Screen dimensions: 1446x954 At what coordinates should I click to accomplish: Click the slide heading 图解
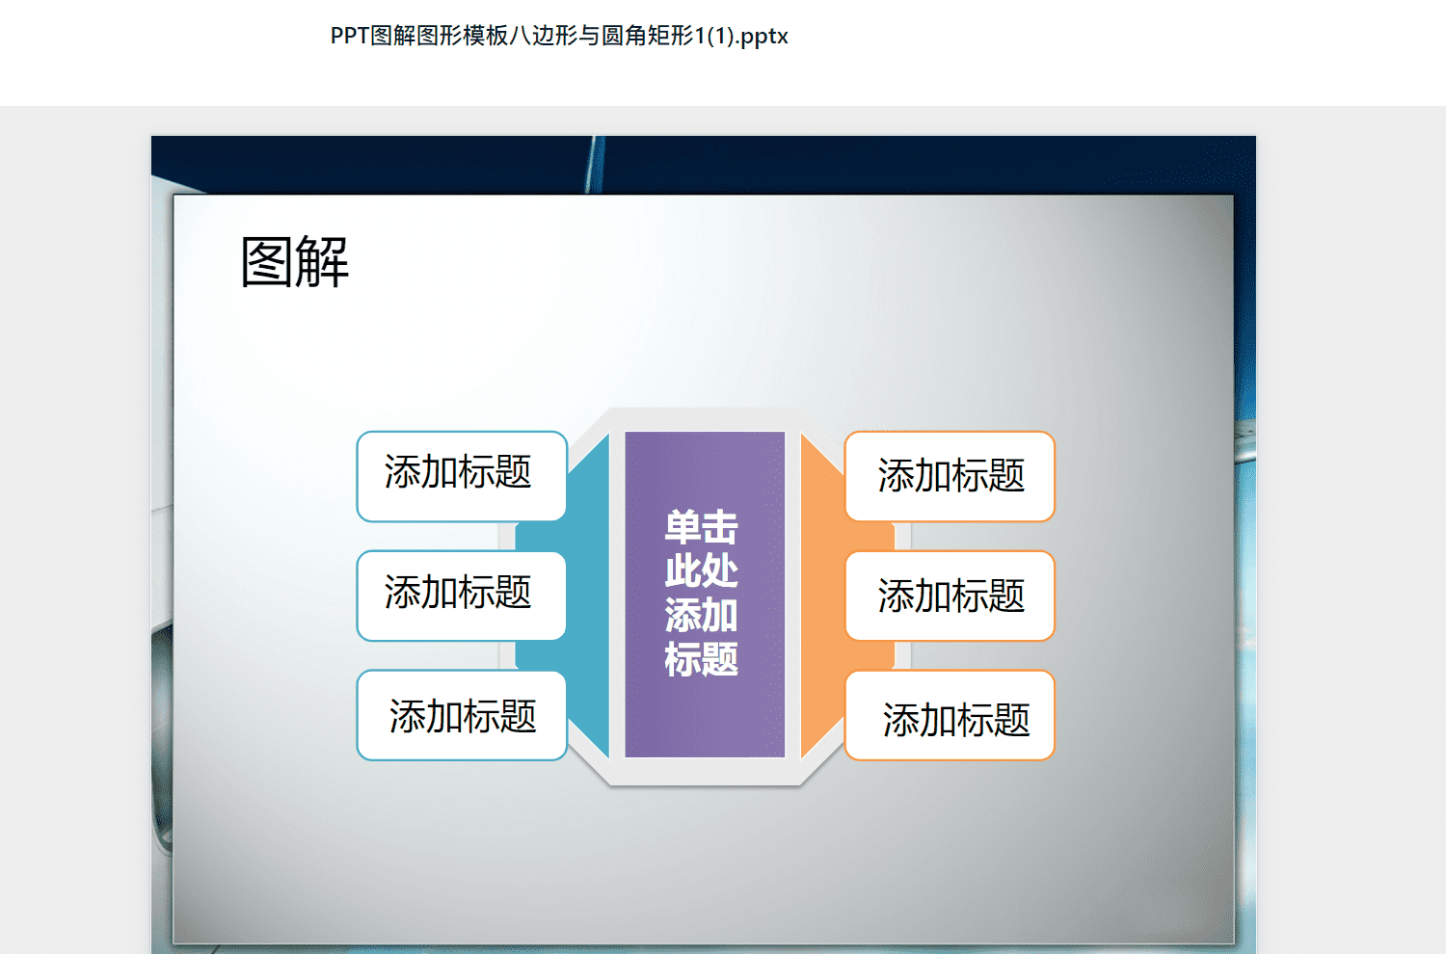[295, 261]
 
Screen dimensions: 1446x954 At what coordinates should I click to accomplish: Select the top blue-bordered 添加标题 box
[462, 476]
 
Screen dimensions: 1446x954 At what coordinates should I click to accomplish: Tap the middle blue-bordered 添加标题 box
[462, 596]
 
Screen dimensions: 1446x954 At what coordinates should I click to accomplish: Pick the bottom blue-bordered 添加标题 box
[462, 715]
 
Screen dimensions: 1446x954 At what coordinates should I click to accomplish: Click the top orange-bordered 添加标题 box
[950, 476]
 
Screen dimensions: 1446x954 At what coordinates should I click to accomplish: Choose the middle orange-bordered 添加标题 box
[950, 596]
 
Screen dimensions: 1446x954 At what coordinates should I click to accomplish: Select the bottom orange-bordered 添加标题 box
[950, 715]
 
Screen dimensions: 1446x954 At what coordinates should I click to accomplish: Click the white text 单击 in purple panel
[702, 527]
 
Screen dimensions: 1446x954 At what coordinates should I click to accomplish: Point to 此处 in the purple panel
[702, 570]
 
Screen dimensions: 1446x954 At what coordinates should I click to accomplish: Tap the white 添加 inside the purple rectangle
[702, 615]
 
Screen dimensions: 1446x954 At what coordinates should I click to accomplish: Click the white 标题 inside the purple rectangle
[702, 659]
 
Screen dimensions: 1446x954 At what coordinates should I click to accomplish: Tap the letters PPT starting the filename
[349, 36]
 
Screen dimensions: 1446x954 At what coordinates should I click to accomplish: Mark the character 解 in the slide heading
[323, 261]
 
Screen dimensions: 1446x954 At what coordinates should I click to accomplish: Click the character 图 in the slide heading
[267, 261]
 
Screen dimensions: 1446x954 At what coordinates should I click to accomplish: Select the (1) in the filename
[721, 37]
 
